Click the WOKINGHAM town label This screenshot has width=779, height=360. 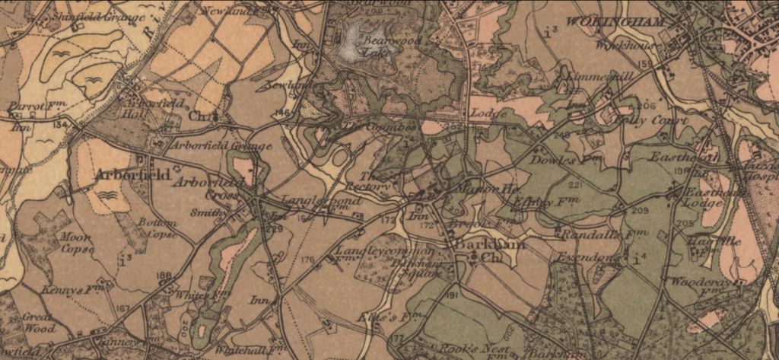(616, 21)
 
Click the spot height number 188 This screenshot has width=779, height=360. (164, 276)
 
